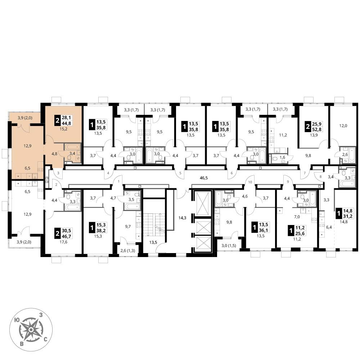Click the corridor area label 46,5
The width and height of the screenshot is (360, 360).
204,177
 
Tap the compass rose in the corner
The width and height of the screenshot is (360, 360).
31,329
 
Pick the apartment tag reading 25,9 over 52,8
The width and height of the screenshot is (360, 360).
314,126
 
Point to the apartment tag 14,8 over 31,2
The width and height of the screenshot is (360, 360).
345,213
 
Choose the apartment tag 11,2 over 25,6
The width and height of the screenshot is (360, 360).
296,230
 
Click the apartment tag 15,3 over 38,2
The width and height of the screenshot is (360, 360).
98,228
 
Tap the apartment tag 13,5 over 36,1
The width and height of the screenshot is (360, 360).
260,227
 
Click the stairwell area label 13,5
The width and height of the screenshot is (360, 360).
153,242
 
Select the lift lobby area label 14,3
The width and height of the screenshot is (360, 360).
182,218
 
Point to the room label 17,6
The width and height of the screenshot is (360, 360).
63,242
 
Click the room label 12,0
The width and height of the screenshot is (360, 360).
343,126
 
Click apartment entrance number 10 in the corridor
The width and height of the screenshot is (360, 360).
250,182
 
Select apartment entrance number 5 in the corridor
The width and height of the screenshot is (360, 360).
180,173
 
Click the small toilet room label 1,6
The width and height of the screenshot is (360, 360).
282,157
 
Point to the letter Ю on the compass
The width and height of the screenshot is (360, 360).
17,320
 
